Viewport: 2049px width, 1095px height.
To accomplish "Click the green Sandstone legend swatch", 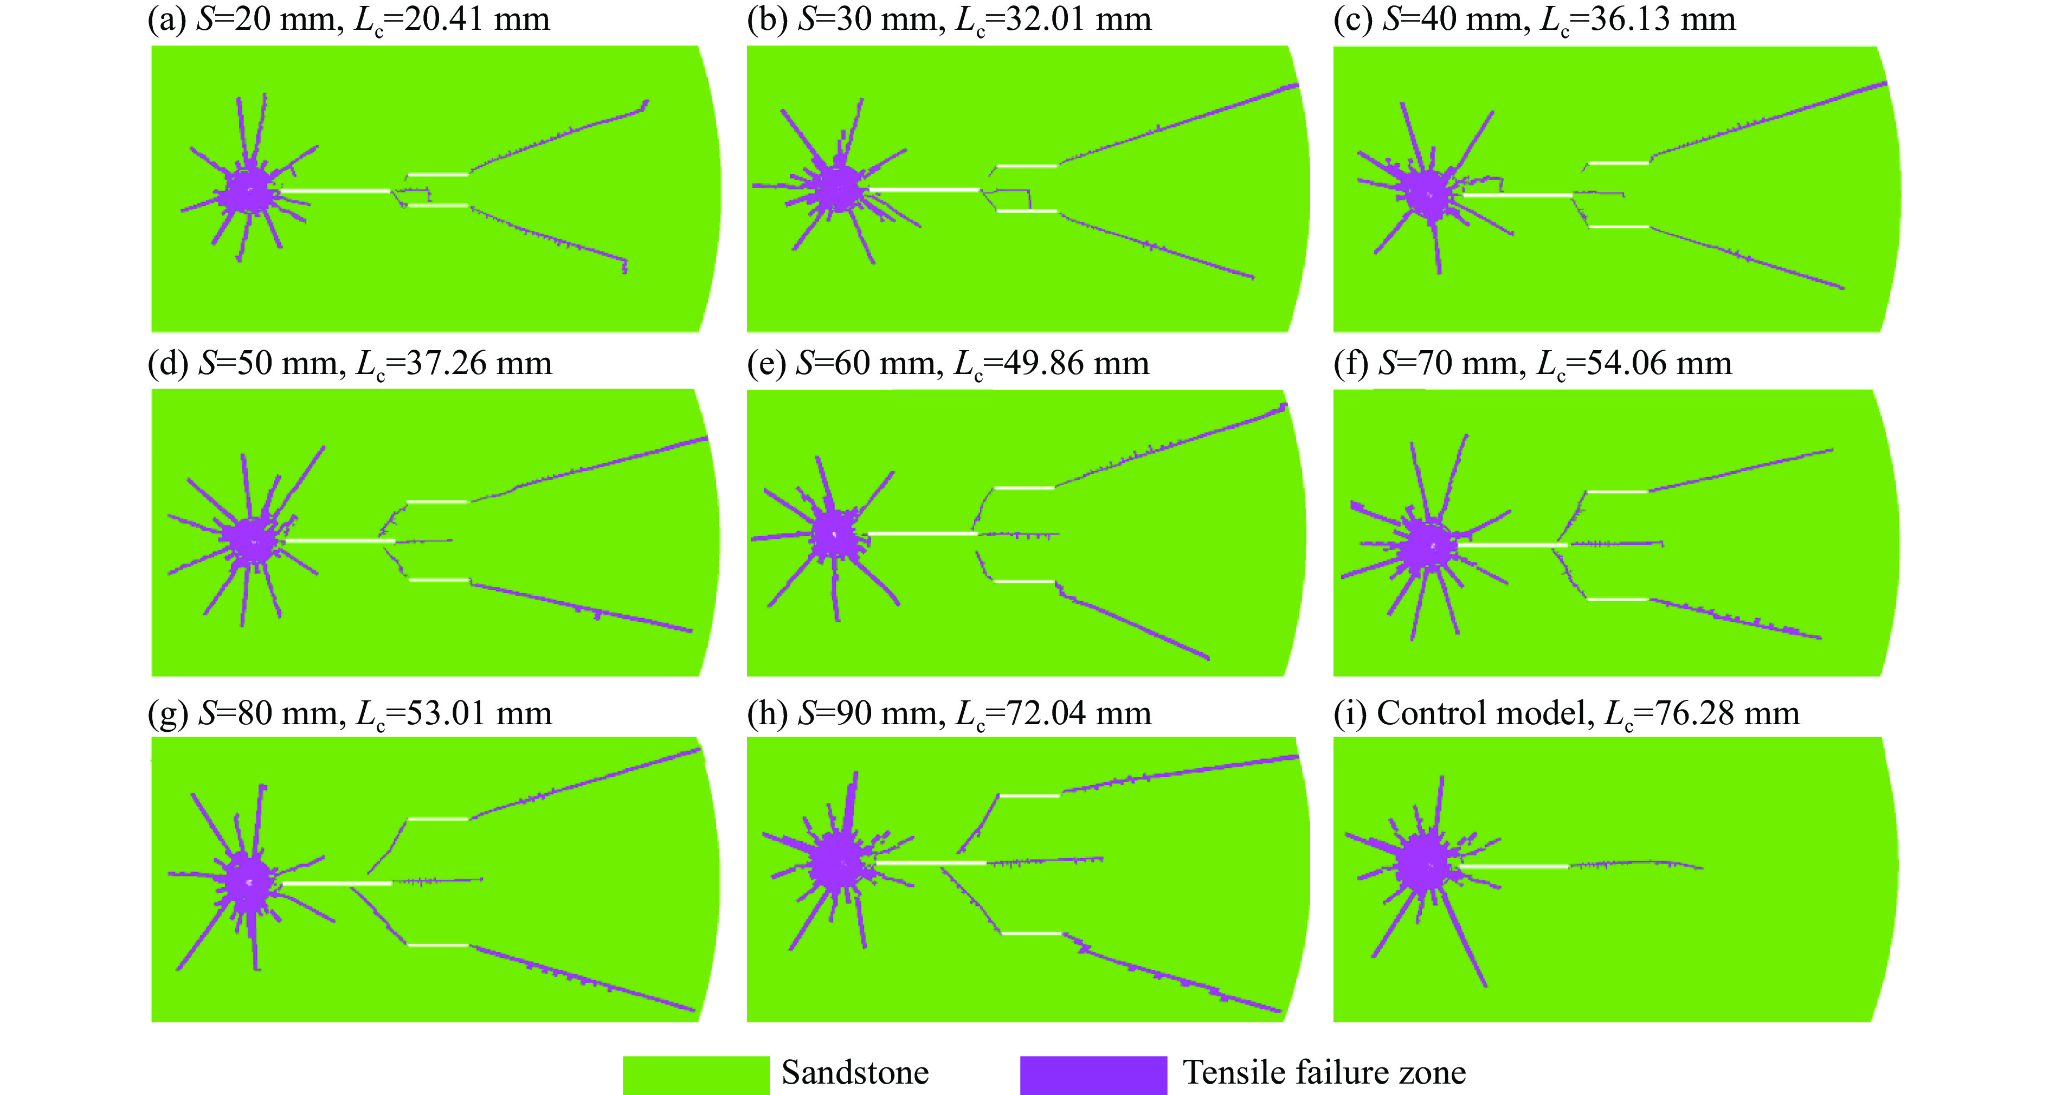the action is [696, 1075].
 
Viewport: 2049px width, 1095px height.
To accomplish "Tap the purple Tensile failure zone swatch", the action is [1094, 1075].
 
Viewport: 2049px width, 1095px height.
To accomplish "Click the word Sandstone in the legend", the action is [855, 1073].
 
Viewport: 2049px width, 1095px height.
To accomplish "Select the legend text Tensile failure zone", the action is [1324, 1073].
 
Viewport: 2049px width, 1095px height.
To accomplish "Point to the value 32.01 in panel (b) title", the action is [1046, 18].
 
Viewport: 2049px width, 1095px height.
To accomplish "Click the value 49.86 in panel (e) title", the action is [1045, 363].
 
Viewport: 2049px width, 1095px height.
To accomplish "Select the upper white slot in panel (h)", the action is [1029, 795].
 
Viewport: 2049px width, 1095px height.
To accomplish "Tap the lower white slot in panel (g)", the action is [439, 945].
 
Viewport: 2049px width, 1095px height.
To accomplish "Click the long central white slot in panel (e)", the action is [923, 533].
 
